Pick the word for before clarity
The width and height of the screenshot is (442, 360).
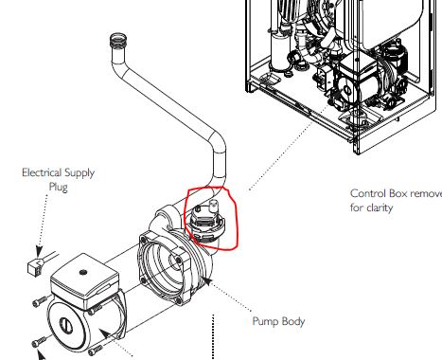click(x=358, y=207)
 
